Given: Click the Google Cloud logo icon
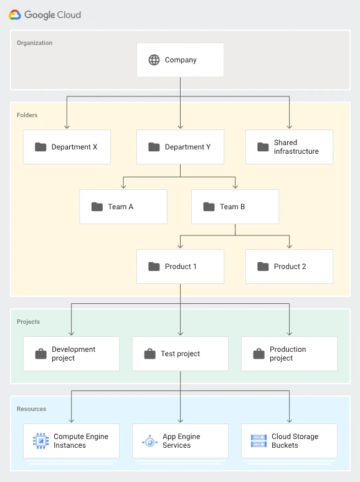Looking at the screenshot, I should coord(15,15).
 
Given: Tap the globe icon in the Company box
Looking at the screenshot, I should coord(154,60).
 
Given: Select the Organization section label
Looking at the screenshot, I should coord(34,43).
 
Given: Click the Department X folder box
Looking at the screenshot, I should coord(67,147).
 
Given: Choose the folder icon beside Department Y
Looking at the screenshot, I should coord(154,147).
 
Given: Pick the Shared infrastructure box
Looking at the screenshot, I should coord(289,147).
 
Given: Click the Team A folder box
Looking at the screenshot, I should coord(123,207).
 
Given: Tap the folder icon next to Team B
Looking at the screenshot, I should coord(209,207).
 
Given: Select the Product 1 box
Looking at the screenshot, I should coord(180,267).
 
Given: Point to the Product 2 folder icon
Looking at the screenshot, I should coord(263,267).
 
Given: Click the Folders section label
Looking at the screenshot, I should coord(27,115).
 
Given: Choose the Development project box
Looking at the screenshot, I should coord(71,354).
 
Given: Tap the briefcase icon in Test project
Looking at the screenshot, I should coord(149,354).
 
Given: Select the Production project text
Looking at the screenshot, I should coord(288,354).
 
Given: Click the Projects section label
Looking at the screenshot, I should coord(28,322).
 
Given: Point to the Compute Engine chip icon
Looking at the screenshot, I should coord(40,441).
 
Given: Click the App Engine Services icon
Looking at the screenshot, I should coord(149,441).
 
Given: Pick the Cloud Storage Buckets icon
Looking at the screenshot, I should coord(258,441).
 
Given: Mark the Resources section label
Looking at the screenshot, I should coord(31,409).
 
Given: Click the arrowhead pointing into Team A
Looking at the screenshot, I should coord(123,186).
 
